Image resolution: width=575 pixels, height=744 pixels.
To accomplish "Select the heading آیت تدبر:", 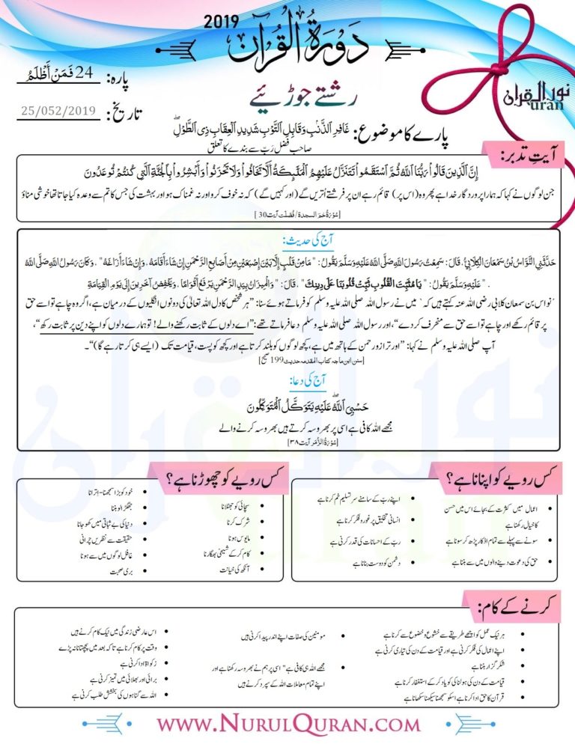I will click(x=528, y=155).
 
